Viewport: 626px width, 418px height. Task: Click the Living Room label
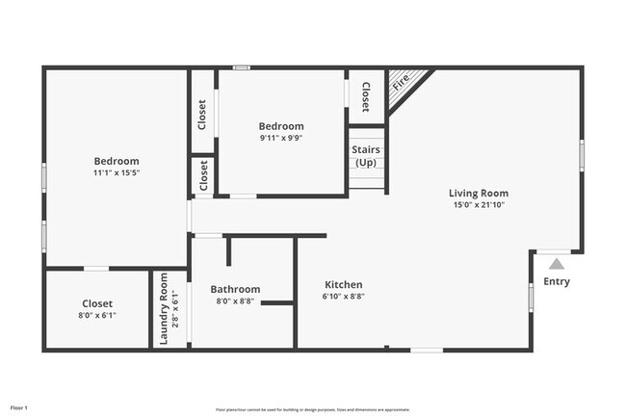(x=479, y=193)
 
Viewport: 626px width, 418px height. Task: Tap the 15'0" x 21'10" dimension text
(x=479, y=204)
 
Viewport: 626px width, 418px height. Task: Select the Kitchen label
(x=343, y=284)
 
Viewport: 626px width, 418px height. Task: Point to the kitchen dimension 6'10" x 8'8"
(x=343, y=298)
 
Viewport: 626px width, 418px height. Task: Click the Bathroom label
(x=235, y=289)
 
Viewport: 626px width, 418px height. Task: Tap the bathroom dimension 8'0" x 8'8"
(x=235, y=301)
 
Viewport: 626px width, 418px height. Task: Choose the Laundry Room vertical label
(x=164, y=308)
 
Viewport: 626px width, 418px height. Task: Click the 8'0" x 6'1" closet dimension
(x=96, y=315)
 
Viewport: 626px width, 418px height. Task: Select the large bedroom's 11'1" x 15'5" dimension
(x=116, y=173)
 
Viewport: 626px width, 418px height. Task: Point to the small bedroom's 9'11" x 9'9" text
(x=280, y=138)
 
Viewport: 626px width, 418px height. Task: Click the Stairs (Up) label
(x=366, y=156)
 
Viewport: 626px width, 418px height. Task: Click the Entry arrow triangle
(x=557, y=263)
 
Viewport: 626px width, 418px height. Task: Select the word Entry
(x=557, y=281)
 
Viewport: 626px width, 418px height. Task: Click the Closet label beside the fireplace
(x=365, y=95)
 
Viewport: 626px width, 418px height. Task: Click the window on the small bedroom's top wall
(x=242, y=67)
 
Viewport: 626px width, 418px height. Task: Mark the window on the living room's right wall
(x=582, y=155)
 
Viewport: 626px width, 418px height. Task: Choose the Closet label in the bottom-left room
(x=96, y=303)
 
